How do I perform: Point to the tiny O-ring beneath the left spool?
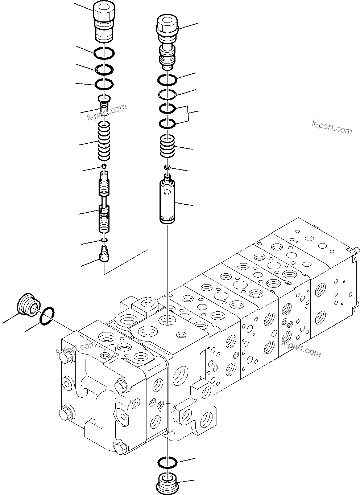point(104,240)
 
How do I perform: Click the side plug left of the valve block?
point(28,304)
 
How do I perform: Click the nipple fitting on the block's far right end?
point(355,251)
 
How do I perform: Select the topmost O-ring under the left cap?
point(104,53)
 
